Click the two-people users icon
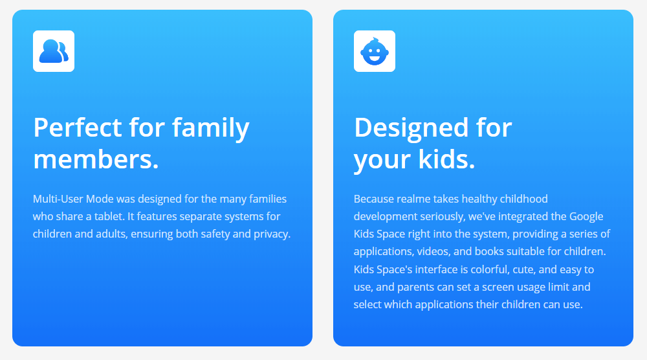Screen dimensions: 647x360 point(54,51)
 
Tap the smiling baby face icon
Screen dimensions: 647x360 point(374,52)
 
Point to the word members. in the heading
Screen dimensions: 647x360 point(96,159)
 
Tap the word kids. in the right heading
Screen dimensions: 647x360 point(446,159)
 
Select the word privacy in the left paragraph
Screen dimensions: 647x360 point(272,234)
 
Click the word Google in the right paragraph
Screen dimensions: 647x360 point(586,217)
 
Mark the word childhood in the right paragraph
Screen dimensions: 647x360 point(524,199)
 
